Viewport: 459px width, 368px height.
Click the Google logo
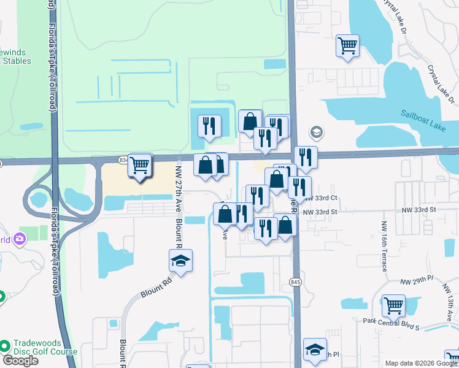point(20,360)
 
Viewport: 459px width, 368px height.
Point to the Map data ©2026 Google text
point(420,363)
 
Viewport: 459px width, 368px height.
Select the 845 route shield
point(296,282)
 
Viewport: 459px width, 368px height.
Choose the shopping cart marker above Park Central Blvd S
point(393,304)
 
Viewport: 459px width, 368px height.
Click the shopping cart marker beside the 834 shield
point(141,164)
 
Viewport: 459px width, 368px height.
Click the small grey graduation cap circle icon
point(317,132)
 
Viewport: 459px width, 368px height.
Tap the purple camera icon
point(21,238)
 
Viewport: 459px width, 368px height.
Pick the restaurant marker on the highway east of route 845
point(306,156)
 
